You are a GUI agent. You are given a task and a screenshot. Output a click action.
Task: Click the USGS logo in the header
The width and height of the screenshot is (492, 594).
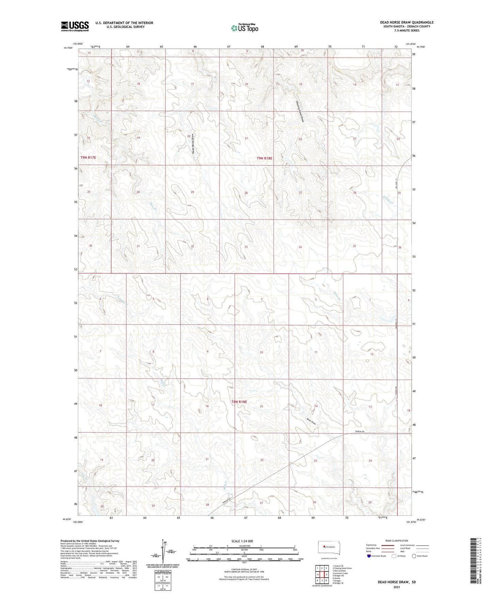[75, 26]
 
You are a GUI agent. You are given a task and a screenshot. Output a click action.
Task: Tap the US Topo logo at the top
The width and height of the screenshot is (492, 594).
[244, 28]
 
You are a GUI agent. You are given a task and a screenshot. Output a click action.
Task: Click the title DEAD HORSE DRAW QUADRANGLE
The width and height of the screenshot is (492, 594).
[407, 22]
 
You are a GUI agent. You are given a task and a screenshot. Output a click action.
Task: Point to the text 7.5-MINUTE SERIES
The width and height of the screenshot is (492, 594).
[407, 31]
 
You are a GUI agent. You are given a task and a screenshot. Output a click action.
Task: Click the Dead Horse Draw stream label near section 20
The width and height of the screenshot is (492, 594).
[193, 143]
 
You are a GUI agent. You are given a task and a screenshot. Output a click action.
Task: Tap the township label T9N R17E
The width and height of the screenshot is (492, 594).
[89, 158]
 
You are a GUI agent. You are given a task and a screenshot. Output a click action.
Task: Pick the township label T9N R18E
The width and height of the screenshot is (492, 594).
[265, 158]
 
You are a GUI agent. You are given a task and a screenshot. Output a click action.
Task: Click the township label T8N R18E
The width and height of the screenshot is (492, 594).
[239, 402]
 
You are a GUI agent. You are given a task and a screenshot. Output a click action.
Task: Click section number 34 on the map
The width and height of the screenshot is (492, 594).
[300, 247]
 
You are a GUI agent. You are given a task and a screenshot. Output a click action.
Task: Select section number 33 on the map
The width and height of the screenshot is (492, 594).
[246, 247]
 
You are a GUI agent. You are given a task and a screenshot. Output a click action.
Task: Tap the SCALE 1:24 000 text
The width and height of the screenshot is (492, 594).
[242, 541]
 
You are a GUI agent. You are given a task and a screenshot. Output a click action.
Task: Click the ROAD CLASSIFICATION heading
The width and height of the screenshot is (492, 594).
[397, 541]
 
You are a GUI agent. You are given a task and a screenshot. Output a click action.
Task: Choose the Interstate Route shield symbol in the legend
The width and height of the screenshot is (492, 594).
[369, 556]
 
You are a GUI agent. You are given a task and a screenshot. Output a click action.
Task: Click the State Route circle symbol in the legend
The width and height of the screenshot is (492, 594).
[414, 556]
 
